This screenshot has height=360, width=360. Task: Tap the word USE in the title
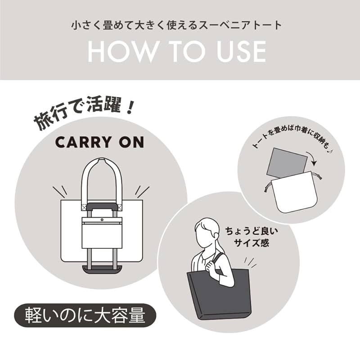(242, 51)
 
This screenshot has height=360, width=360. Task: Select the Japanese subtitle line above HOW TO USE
(176, 25)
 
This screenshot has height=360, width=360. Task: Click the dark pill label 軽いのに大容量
(85, 315)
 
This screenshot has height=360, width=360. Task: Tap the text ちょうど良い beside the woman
(251, 231)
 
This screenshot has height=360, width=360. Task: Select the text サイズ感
(251, 243)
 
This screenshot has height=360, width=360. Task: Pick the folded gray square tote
(287, 162)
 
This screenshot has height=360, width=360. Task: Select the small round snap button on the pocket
(102, 220)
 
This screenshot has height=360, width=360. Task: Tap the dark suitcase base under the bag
(102, 269)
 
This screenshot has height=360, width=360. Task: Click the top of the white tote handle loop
(102, 160)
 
